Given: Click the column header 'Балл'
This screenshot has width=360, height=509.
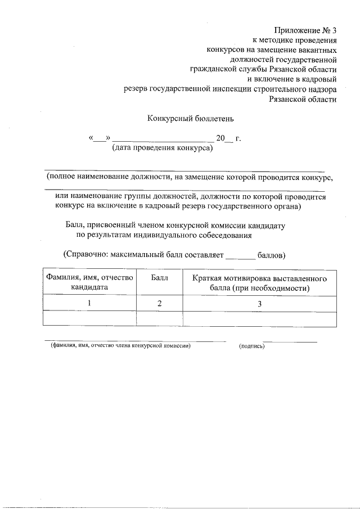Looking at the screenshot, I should (x=159, y=278).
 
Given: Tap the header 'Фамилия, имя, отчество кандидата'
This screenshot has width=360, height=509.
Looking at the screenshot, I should (x=89, y=282).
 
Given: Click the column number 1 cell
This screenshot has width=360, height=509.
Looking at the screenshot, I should (x=89, y=304).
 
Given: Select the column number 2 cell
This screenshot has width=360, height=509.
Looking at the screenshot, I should (x=160, y=304).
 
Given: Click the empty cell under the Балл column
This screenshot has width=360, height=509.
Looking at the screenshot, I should (x=160, y=319).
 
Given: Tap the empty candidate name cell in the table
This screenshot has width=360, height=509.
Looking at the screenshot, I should (x=89, y=319).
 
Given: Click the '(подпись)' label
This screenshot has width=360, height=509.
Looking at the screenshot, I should (x=251, y=346).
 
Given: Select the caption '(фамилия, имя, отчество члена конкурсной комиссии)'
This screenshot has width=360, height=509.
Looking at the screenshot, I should (x=120, y=346).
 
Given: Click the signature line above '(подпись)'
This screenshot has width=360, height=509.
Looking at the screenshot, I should (x=290, y=341).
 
